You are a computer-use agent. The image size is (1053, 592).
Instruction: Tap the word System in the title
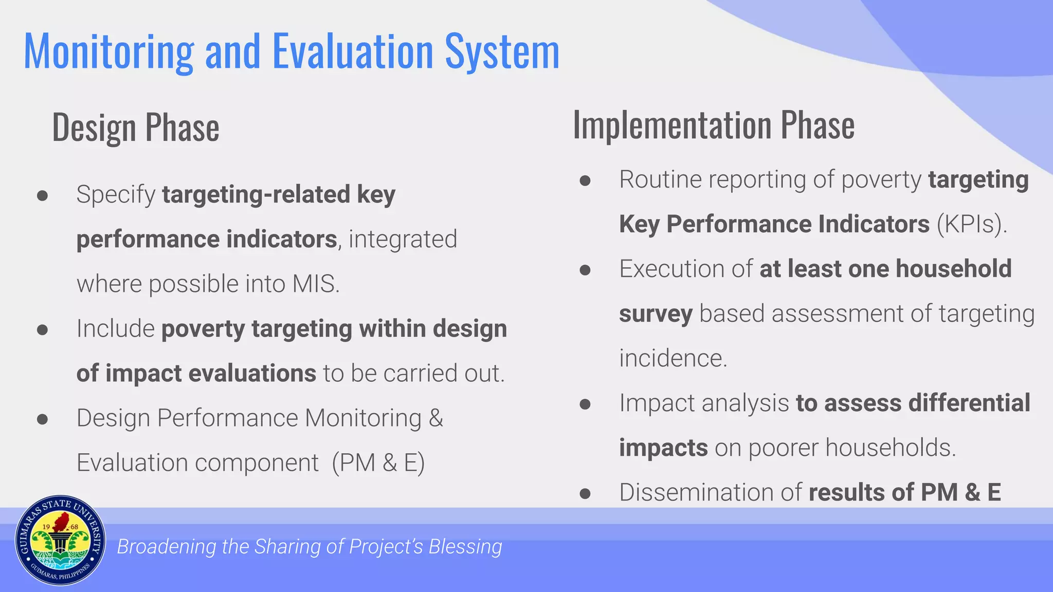pos(502,52)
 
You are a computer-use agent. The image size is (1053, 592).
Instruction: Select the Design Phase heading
pos(136,127)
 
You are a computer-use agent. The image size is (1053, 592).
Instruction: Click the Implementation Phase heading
pos(714,125)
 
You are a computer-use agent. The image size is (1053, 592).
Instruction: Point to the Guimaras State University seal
pos(60,541)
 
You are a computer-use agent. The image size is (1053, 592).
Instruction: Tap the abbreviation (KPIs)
pos(972,225)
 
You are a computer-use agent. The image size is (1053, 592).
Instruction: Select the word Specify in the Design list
pos(116,195)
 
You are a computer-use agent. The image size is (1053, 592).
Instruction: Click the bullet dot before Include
pos(43,329)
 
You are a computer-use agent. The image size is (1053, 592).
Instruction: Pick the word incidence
pos(673,358)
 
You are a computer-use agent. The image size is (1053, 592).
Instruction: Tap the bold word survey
pos(656,314)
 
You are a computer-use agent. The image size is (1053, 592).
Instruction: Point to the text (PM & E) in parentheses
pos(378,463)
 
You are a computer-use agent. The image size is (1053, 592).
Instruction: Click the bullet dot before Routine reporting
pos(585,180)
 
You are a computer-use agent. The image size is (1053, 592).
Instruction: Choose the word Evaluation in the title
pos(353,52)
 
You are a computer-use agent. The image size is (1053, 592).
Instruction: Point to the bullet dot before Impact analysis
pos(585,404)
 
